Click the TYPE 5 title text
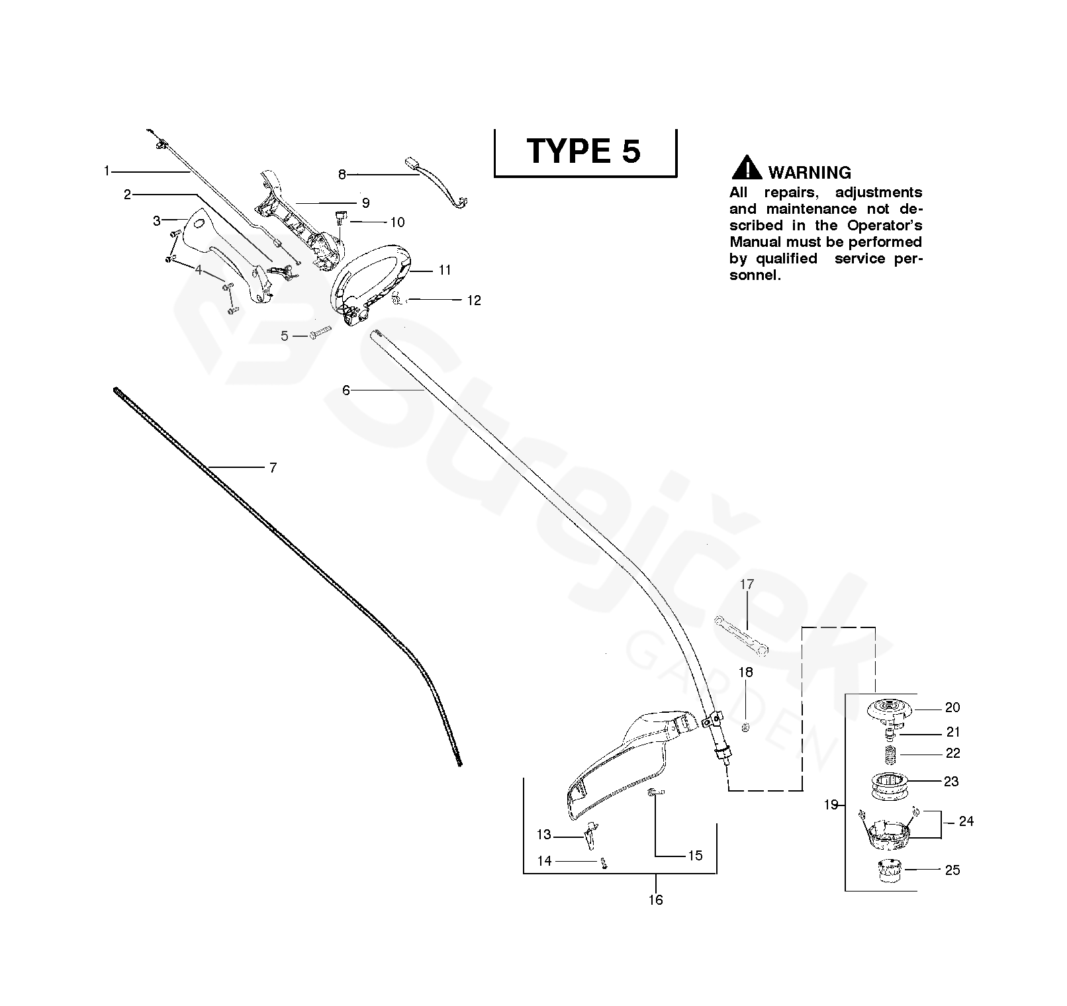point(584,151)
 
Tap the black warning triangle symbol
point(746,168)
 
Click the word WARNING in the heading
point(810,173)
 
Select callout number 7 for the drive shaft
point(273,467)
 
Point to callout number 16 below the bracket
point(655,899)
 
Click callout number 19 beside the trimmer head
point(831,805)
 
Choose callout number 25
point(952,870)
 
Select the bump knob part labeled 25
point(891,869)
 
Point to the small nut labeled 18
point(746,727)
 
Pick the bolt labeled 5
point(320,335)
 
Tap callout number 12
point(474,300)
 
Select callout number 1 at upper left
point(107,171)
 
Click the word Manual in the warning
point(755,242)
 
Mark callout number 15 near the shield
point(695,856)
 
